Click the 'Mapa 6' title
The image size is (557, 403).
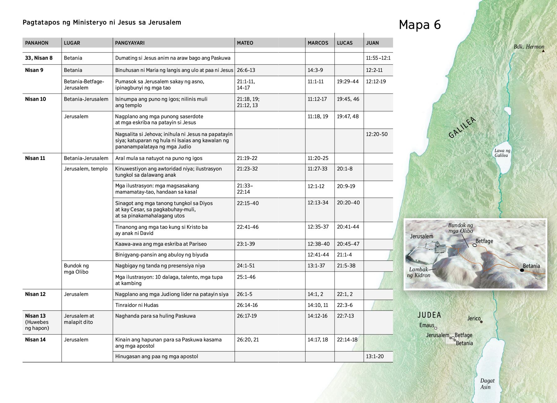point(420,25)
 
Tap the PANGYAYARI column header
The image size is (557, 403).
point(130,43)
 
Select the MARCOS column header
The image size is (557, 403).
point(318,43)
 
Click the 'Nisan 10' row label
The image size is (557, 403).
point(35,99)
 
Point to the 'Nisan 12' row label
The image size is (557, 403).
point(35,294)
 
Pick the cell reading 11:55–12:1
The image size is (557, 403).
point(378,58)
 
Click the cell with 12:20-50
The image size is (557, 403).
point(377,134)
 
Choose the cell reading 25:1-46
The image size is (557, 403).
point(246,277)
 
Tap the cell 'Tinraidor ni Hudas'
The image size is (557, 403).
point(137,305)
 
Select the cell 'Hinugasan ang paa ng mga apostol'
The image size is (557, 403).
point(157,356)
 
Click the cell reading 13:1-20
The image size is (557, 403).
point(375,356)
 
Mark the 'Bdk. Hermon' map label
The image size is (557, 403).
point(529,47)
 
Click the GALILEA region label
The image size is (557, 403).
point(462,127)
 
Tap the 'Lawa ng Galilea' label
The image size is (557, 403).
point(502,153)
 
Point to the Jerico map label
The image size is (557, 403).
point(474,318)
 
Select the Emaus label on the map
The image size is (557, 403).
point(427,325)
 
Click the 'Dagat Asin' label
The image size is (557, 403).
point(487,384)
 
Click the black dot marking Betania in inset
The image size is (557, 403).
point(522,270)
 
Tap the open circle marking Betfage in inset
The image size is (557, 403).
point(474,245)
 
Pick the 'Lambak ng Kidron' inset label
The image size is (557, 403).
point(420,272)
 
